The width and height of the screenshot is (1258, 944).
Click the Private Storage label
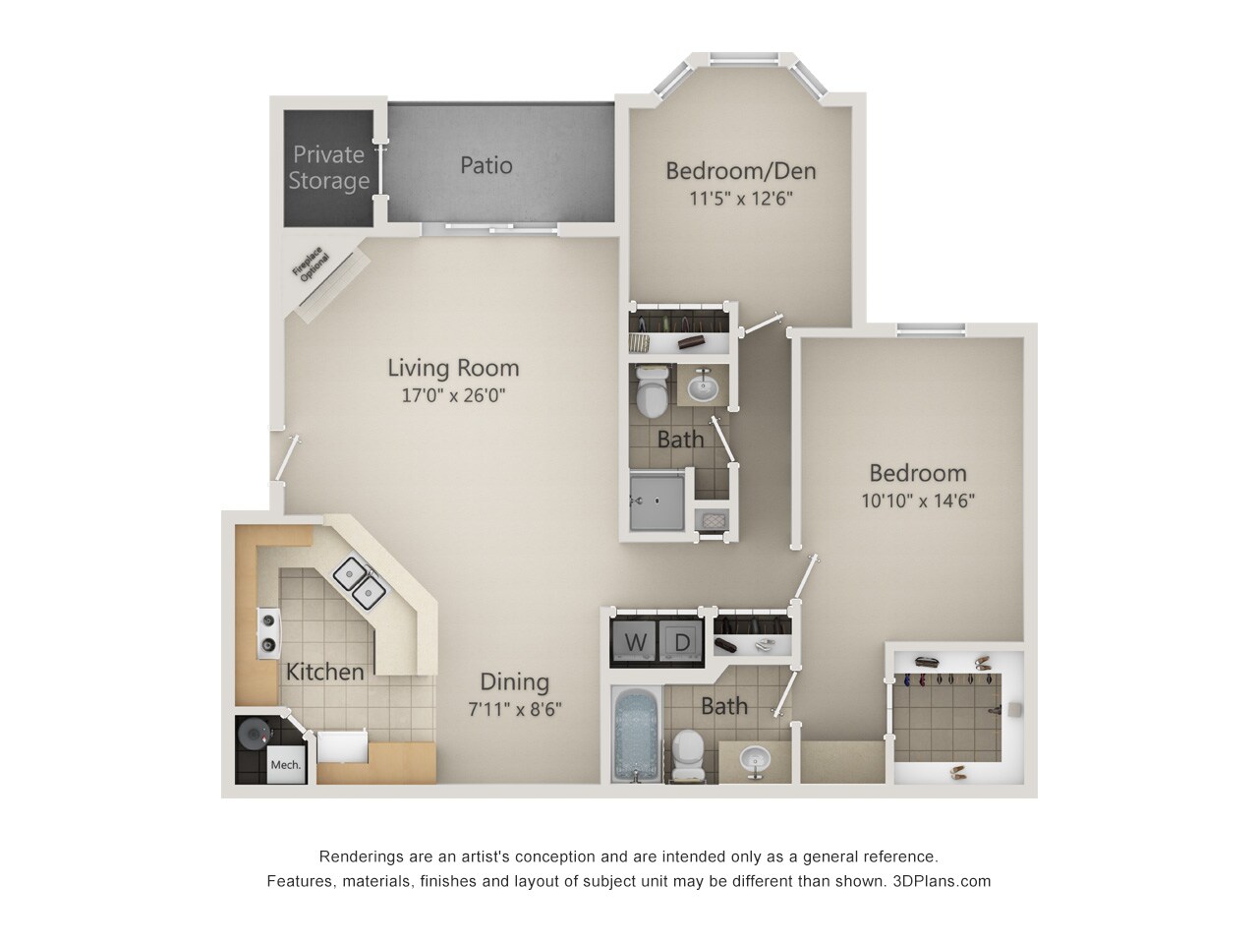(x=328, y=167)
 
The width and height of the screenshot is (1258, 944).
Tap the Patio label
(x=486, y=164)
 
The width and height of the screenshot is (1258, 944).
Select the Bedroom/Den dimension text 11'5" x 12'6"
(x=741, y=198)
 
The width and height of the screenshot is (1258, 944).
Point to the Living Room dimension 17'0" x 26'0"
(x=453, y=396)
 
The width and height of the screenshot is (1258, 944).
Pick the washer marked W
(x=636, y=641)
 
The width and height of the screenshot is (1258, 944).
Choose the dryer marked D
(x=681, y=641)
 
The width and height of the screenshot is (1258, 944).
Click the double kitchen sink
(x=359, y=579)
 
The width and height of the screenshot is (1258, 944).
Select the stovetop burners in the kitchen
(x=267, y=632)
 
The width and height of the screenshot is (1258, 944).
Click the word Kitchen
(x=324, y=673)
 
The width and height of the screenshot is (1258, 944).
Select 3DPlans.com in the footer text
(x=943, y=881)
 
